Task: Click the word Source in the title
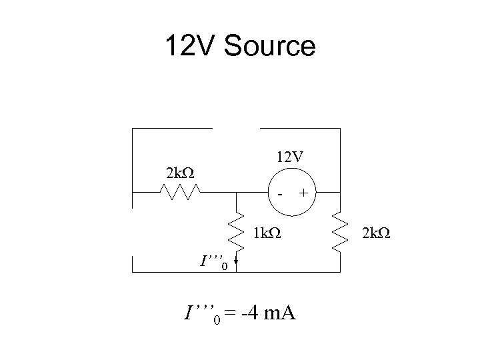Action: tap(270, 47)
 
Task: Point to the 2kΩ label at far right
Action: tap(375, 234)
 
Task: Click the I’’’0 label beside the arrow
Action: tap(214, 262)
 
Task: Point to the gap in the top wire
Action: tap(236, 127)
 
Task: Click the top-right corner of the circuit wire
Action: tap(340, 127)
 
